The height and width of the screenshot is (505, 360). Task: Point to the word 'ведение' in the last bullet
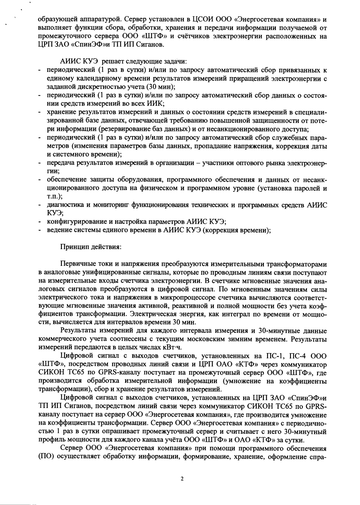(58, 230)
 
